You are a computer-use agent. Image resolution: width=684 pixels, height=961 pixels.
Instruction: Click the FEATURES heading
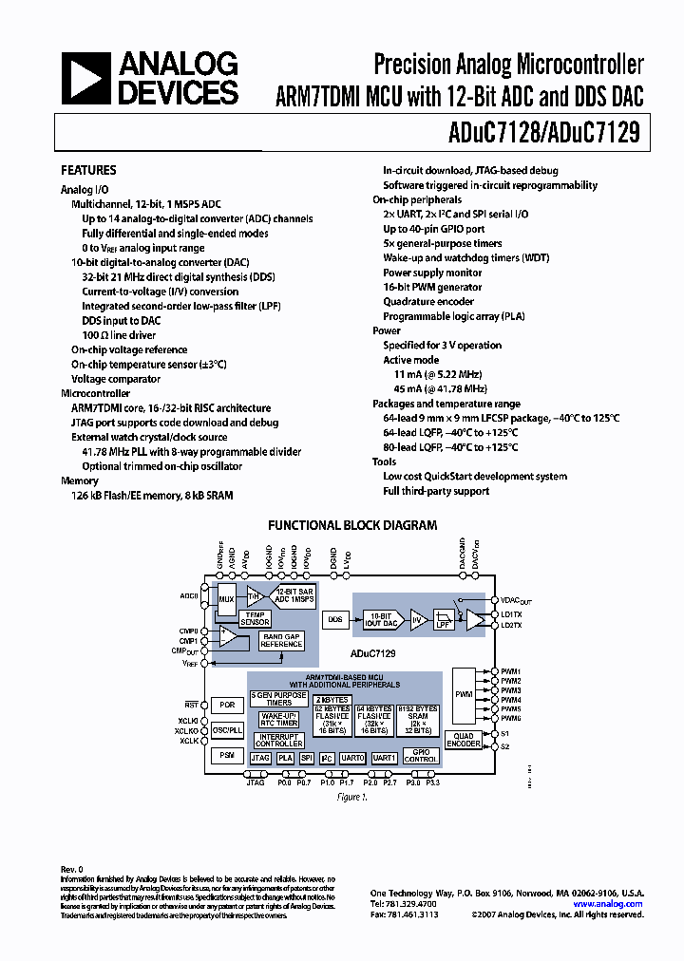point(88,171)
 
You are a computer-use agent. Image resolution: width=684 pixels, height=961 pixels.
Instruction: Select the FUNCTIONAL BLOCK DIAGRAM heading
point(352,525)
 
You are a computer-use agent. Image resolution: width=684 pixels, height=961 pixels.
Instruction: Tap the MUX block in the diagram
point(226,599)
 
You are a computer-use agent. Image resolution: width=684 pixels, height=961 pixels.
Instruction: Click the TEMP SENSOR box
point(256,619)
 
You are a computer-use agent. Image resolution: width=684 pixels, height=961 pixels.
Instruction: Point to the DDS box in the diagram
point(335,619)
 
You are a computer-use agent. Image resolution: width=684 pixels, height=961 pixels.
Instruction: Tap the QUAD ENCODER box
point(464,741)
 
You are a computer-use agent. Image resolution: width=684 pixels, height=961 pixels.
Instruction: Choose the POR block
point(226,706)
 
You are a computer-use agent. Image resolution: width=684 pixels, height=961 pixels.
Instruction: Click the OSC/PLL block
point(226,730)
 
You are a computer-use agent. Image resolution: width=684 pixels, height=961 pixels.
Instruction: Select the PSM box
point(226,755)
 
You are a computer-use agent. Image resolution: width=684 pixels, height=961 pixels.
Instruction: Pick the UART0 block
point(352,758)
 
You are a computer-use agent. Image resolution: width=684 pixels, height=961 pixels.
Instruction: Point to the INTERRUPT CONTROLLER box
point(278,741)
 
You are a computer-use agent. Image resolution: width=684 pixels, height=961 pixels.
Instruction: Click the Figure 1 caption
point(351,798)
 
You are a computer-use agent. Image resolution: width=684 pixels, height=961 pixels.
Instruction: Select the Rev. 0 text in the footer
point(72,869)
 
